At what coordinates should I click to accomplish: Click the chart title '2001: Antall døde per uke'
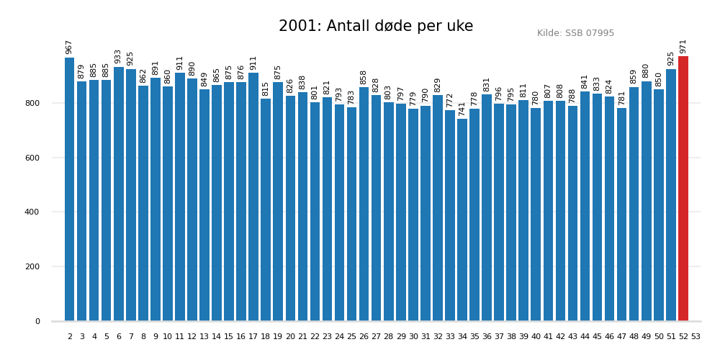376,27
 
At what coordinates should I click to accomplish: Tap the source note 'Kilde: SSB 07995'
575,33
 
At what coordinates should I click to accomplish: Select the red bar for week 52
683,189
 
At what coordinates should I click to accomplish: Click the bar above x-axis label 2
70,189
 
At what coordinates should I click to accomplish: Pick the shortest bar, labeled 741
462,220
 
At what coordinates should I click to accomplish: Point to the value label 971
683,46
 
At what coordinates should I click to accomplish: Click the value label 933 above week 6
119,56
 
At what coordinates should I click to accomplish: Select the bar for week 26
364,204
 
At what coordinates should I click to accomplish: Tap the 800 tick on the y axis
33,103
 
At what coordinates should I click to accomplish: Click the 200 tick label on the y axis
33,267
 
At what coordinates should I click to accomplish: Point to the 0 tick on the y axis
37,321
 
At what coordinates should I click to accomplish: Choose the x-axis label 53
696,337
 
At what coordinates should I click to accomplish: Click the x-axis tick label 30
413,337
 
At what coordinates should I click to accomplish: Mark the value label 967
70,47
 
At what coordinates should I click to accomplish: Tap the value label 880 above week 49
647,71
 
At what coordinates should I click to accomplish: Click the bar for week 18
266,210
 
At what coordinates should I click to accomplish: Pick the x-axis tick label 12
192,337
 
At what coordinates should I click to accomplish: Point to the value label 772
450,100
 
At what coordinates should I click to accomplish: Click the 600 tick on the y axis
33,158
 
